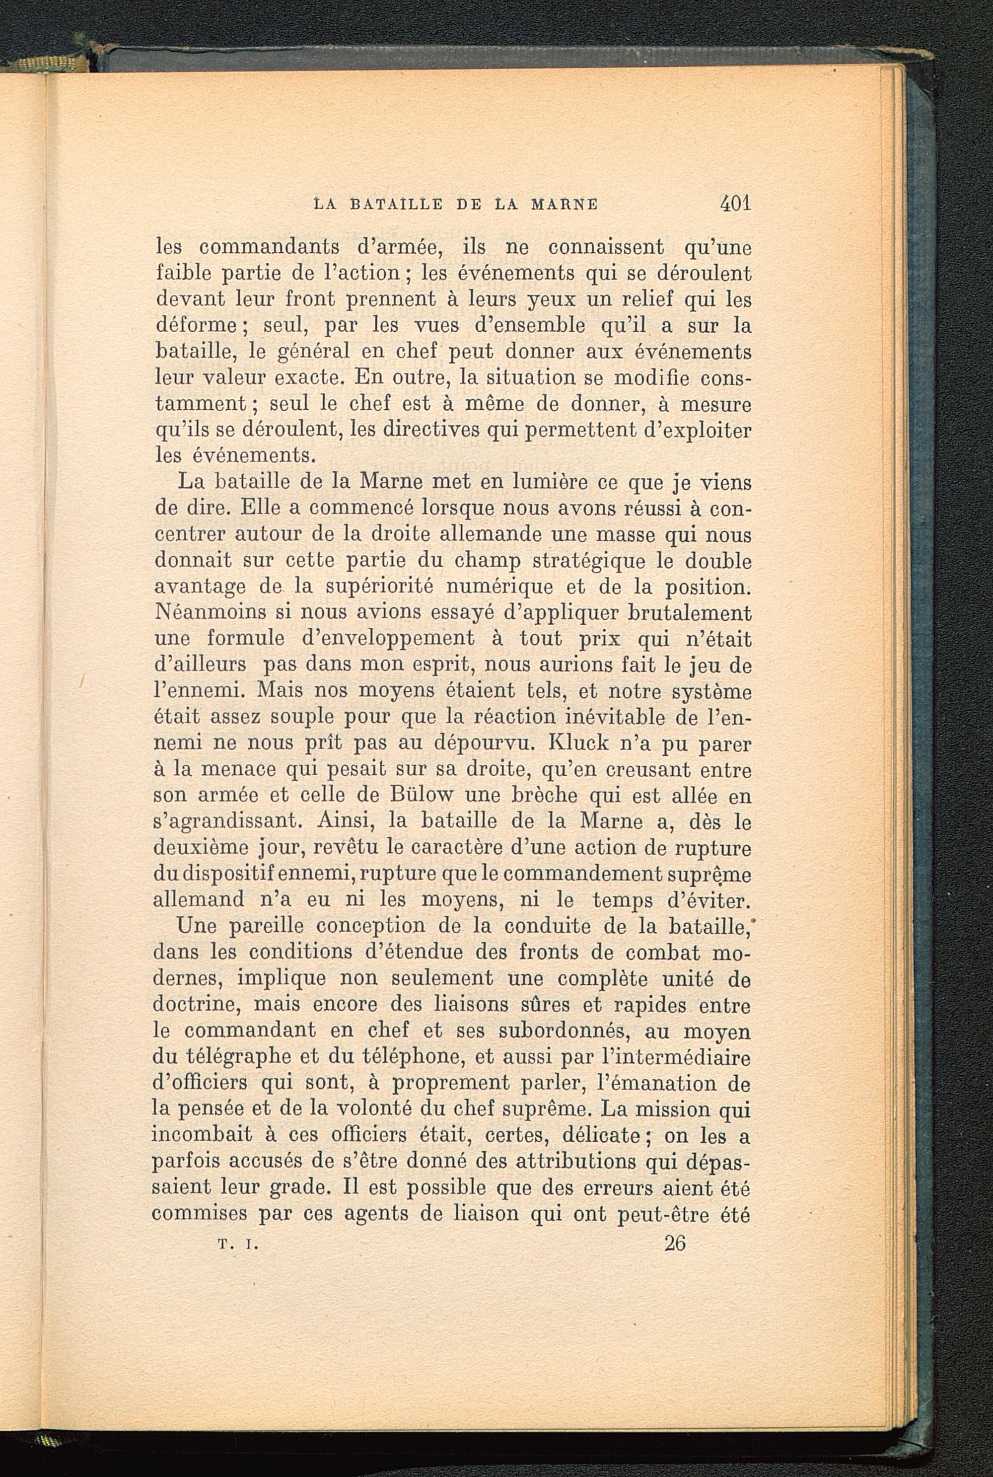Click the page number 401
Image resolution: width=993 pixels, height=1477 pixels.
(x=735, y=205)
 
